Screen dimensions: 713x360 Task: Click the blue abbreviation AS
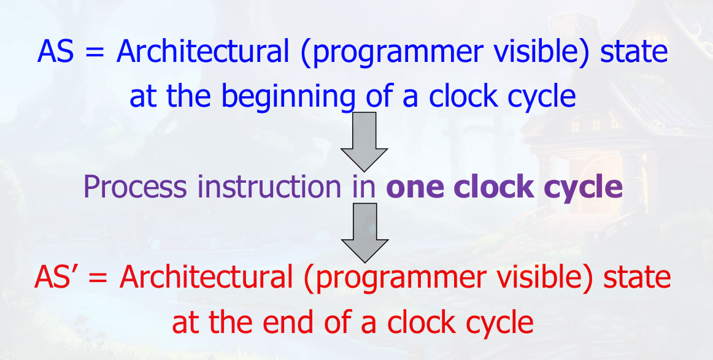point(55,50)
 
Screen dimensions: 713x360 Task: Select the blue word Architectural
point(203,50)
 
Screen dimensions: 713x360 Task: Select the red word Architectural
point(206,277)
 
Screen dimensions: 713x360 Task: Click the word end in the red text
point(289,322)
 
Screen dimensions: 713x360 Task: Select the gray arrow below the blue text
point(364,142)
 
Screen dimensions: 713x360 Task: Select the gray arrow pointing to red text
point(364,232)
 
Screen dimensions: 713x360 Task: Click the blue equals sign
point(94,52)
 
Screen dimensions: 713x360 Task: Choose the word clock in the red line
point(422,322)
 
